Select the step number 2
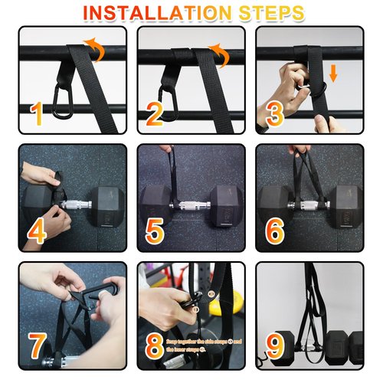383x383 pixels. click(x=154, y=114)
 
